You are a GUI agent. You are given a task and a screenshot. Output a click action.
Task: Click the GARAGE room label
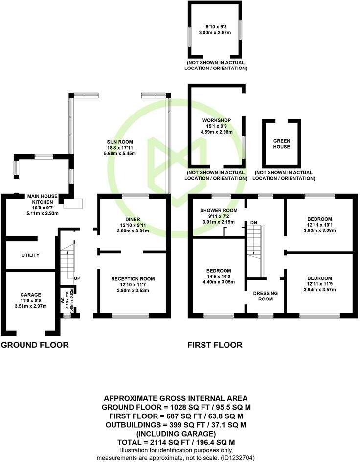pos(31,295)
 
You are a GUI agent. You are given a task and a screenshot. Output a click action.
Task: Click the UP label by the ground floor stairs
pos(77,278)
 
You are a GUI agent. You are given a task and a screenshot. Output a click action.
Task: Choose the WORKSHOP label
pos(217,120)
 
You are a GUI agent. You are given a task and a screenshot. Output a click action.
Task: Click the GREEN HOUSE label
pos(281,144)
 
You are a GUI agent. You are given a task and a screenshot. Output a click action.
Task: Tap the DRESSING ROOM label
pos(266,296)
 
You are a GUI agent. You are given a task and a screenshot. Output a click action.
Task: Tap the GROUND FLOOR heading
pos(34,345)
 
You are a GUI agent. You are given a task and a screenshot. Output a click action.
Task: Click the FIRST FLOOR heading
pos(215,345)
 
